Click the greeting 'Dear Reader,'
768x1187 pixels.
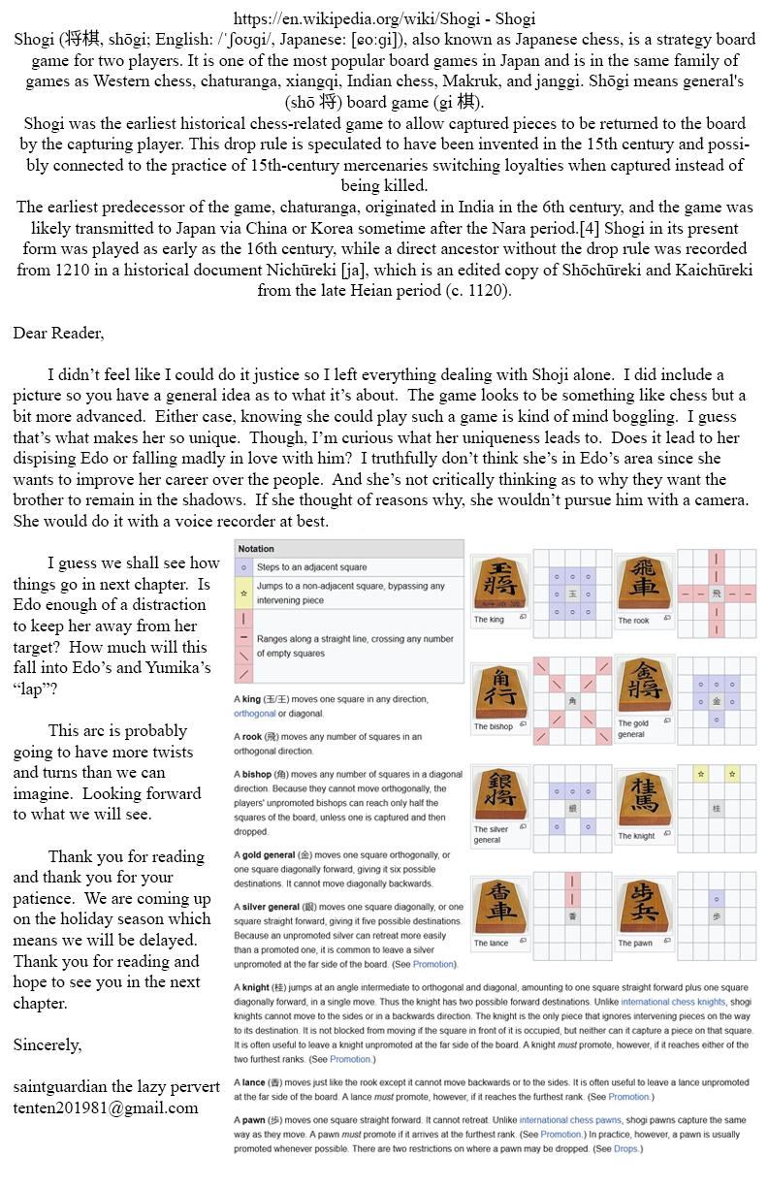point(58,333)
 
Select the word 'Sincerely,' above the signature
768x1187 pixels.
point(48,1044)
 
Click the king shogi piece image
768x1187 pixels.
point(500,582)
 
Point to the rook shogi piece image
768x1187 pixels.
point(644,582)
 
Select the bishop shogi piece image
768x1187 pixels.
point(500,690)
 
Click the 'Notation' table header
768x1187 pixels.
point(256,549)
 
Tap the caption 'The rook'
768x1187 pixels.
point(633,621)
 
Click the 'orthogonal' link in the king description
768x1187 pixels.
point(256,713)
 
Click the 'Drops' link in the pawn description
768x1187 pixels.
point(625,1149)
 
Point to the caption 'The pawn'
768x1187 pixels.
point(635,943)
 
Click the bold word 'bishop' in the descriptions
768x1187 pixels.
point(256,774)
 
